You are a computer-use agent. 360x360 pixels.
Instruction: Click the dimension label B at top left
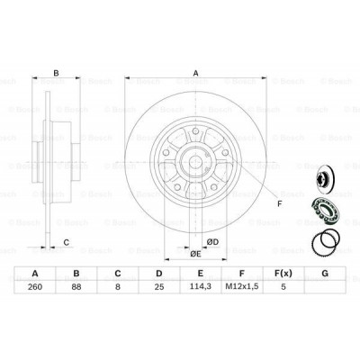(x=56, y=74)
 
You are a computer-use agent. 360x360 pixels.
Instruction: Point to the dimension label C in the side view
(x=65, y=240)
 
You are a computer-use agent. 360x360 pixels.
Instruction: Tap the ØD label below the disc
(x=212, y=241)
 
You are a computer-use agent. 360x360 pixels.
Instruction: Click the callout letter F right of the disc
(x=278, y=203)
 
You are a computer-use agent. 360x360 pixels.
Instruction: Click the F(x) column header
(x=283, y=274)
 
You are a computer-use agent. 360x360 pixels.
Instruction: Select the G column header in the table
(x=324, y=274)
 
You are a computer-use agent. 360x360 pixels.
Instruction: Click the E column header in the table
(x=200, y=274)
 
